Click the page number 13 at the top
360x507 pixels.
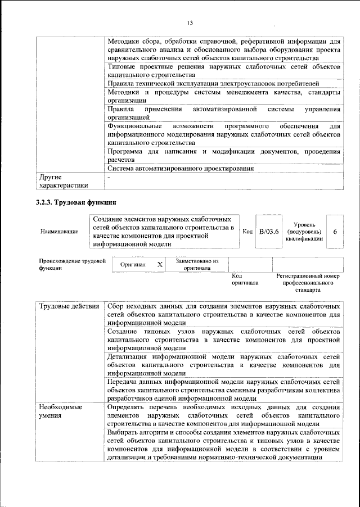190,22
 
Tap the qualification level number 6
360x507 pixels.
335,231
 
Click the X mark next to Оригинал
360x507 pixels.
160,264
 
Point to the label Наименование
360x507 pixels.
58,232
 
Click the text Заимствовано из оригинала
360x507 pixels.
197,264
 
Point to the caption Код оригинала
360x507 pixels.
245,279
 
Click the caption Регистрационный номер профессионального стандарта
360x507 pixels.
308,283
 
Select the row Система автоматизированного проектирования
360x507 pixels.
180,168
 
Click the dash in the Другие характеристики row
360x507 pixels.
109,176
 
